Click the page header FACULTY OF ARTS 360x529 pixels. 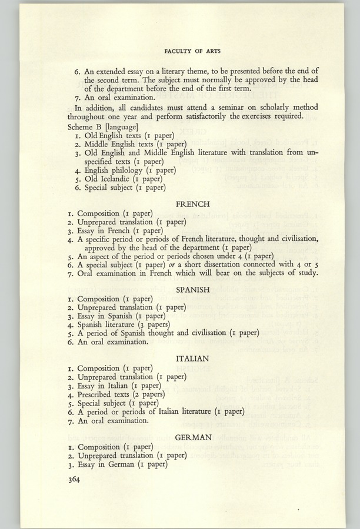192,51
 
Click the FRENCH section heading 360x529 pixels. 193,204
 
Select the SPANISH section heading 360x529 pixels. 193,290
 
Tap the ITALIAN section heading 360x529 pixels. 193,358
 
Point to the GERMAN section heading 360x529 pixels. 193,437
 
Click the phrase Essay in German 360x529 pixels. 109,464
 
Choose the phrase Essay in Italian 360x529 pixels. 108,386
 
